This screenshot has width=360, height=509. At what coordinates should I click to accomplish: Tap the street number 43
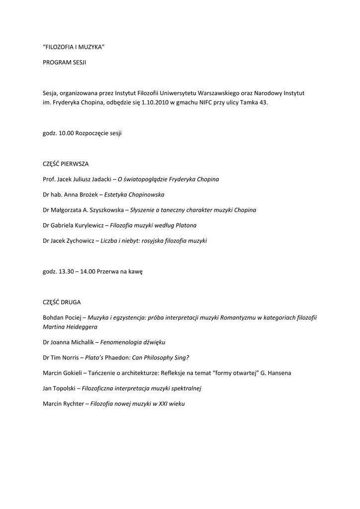point(263,102)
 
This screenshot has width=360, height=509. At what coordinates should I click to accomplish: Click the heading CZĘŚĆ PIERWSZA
point(66,164)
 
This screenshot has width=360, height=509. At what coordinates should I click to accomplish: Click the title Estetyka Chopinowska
point(134,194)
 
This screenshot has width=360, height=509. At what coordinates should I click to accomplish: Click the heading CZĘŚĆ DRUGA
point(62,302)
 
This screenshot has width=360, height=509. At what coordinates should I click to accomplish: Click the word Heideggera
point(80,327)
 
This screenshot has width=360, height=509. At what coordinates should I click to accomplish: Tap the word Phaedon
point(117,358)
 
